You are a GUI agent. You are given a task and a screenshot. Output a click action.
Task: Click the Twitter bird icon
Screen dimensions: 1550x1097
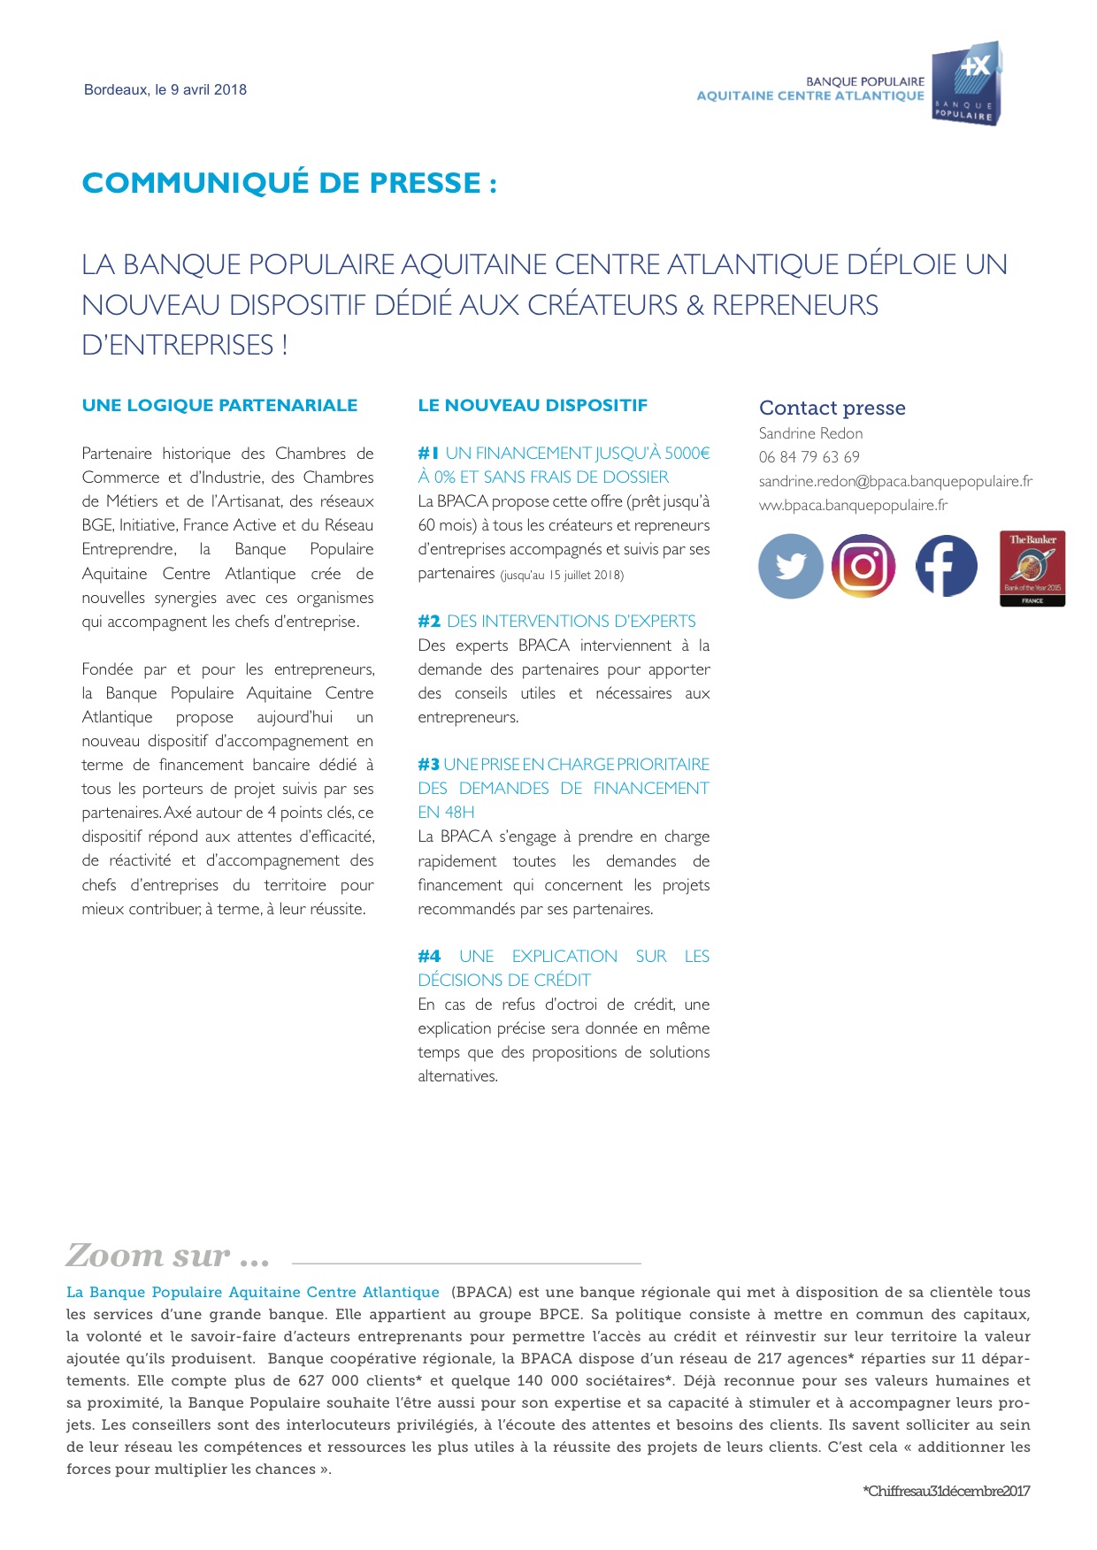click(x=791, y=566)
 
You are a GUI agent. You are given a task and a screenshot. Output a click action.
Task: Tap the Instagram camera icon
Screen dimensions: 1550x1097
click(x=863, y=566)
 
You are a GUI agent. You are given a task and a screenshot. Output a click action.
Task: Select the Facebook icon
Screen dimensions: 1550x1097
click(x=946, y=566)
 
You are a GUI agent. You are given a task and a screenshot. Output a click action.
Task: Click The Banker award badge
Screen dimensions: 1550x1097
click(x=1032, y=569)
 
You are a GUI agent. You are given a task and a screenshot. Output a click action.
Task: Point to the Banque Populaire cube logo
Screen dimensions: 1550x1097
click(x=966, y=84)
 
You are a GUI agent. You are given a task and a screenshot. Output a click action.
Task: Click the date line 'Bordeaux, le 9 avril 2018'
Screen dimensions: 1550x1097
click(x=165, y=89)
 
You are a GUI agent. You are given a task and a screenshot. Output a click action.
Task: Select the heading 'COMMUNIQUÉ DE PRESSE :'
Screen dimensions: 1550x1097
click(x=289, y=183)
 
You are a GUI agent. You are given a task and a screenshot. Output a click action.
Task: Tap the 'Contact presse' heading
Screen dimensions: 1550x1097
click(x=832, y=408)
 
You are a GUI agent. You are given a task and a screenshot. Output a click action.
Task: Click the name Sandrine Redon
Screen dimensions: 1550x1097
click(x=810, y=433)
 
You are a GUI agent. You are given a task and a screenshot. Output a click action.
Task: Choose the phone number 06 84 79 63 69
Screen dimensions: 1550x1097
click(x=809, y=457)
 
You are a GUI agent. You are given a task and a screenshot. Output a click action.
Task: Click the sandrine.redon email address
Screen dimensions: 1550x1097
click(x=895, y=481)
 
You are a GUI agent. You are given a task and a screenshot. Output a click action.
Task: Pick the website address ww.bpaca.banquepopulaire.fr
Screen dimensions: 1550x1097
click(x=853, y=505)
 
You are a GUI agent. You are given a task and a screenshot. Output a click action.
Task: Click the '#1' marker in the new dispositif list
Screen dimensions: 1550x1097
click(x=428, y=454)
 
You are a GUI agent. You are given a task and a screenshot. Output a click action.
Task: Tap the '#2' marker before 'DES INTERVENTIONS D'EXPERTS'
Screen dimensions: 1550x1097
click(x=429, y=622)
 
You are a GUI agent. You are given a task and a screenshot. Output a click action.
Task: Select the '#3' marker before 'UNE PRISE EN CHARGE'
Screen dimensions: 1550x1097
click(x=428, y=765)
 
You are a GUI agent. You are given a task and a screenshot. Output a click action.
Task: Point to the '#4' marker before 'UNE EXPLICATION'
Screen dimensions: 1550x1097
click(x=429, y=957)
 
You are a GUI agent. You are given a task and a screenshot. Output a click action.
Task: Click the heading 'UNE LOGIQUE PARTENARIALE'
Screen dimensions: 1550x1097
click(x=219, y=406)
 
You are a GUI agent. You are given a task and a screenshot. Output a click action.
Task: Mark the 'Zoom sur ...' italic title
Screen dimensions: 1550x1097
click(x=167, y=1256)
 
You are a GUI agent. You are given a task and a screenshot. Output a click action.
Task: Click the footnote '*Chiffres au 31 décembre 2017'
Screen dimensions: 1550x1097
click(x=946, y=1492)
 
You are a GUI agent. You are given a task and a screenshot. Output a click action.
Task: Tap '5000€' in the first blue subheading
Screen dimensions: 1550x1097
click(x=687, y=454)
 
